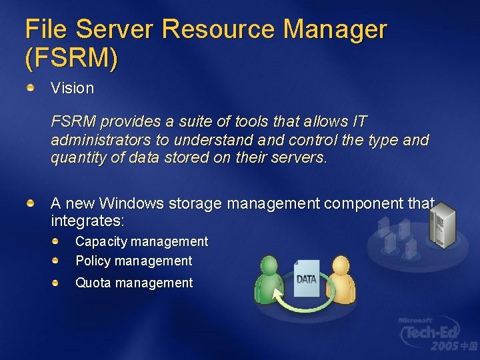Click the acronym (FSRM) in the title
[71, 59]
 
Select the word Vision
[73, 88]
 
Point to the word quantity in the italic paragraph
[76, 159]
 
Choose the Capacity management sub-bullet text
[141, 241]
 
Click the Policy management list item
[133, 261]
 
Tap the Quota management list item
[134, 283]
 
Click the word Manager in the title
[334, 30]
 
